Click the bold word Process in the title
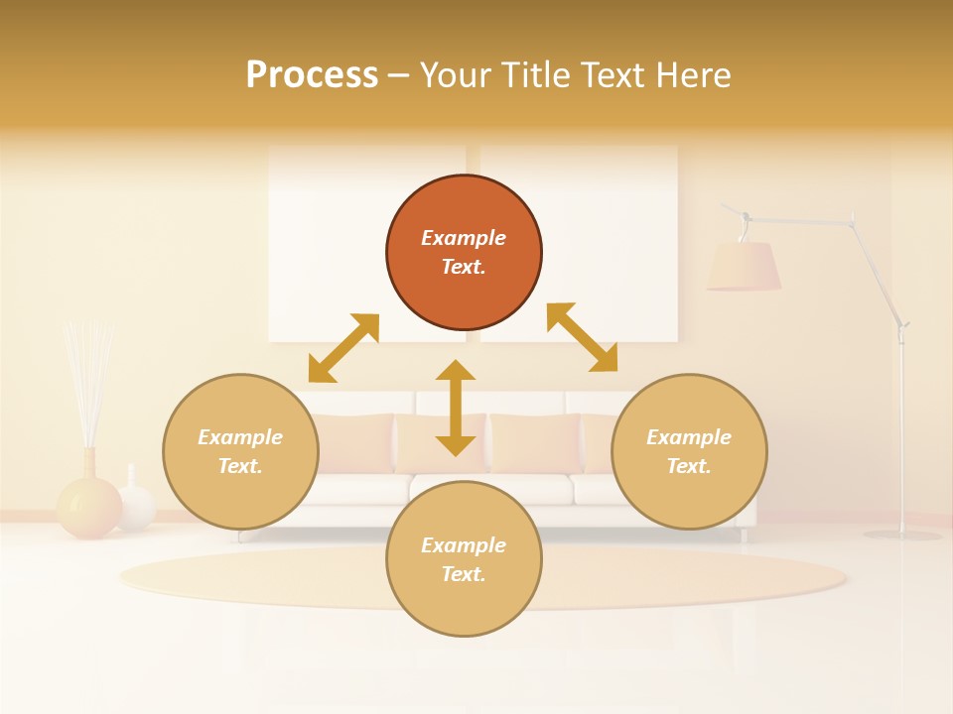coord(312,75)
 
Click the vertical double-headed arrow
coord(456,408)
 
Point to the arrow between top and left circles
coord(343,348)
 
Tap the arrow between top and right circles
coord(582,337)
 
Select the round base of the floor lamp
coord(901,535)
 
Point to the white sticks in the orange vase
coord(87,377)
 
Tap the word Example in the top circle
coord(464,238)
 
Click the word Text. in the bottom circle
coord(464,574)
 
